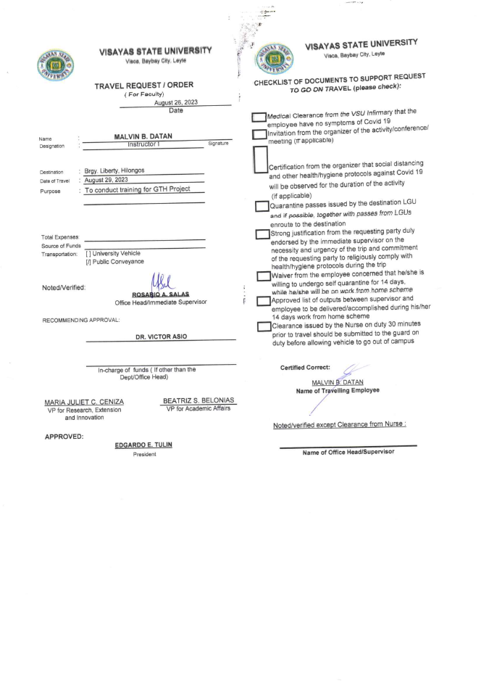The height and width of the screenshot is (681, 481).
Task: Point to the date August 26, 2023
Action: point(176,102)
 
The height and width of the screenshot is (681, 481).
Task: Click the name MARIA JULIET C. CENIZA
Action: point(85,401)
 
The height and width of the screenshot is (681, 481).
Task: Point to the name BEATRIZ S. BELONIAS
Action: point(199,400)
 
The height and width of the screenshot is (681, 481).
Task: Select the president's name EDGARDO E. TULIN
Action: point(144,445)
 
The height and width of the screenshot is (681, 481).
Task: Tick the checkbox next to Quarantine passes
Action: point(262,207)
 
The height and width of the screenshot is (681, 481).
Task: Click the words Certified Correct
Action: point(305,368)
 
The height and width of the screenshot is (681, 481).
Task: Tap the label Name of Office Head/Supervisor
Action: point(348,452)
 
